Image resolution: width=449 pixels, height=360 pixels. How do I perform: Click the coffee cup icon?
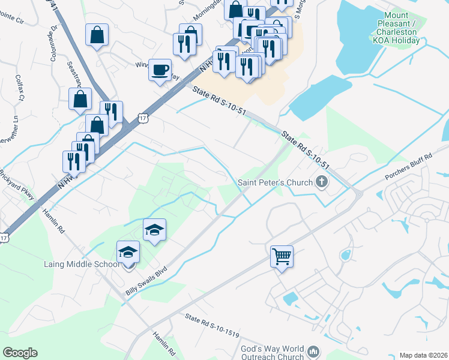coord(160,70)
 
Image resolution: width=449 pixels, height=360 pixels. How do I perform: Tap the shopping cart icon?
coord(282,256)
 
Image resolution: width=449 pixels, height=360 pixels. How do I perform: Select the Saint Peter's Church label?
coord(275,183)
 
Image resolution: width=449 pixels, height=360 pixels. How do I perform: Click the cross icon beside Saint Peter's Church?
coord(322,182)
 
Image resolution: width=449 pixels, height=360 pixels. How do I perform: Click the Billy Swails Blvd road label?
coord(148,281)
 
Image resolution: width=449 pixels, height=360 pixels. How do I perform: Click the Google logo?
coord(20,353)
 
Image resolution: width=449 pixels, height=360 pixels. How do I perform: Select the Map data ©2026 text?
coord(423,355)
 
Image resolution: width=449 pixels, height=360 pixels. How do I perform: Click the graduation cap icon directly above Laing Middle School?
coord(128,251)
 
